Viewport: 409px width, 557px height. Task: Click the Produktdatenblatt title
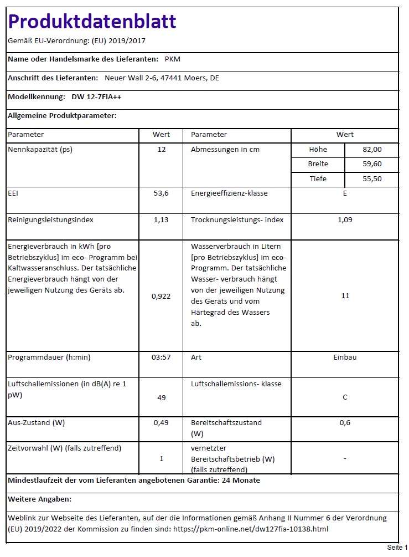[x=92, y=22]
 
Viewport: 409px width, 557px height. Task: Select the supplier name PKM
[x=173, y=59]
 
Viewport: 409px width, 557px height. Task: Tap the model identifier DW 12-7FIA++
[x=97, y=96]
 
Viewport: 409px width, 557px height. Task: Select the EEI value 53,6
[x=161, y=193]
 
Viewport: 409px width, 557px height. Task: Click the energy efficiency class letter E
[x=345, y=193]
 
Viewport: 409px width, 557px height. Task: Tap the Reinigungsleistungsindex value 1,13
[x=161, y=220]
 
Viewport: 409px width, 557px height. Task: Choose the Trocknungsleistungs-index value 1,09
[x=345, y=220]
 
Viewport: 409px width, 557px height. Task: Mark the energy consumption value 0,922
[x=161, y=296]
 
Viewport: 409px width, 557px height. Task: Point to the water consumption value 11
[x=345, y=296]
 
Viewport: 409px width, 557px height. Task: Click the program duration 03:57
[x=161, y=357]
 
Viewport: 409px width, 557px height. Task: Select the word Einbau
[x=345, y=357]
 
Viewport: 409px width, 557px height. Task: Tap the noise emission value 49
[x=161, y=397]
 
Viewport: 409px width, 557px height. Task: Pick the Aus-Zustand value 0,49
[x=161, y=423]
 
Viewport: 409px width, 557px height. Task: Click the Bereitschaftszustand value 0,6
[x=345, y=423]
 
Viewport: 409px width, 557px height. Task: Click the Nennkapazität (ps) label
[x=40, y=150]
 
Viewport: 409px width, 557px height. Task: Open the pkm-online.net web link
[x=251, y=529]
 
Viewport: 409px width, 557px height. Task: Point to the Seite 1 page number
[x=397, y=548]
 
